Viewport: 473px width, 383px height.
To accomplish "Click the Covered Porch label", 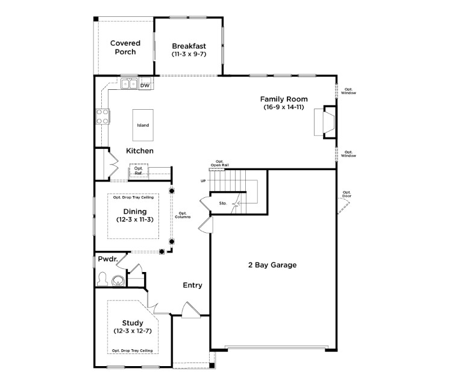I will pyautogui.click(x=125, y=48).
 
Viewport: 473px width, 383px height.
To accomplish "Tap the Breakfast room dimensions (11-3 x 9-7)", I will pyautogui.click(x=189, y=54).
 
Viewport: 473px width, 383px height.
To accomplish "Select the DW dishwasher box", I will pyautogui.click(x=145, y=86).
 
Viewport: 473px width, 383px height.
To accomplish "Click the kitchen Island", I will pyautogui.click(x=143, y=125).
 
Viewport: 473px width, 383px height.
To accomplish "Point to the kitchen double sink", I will pyautogui.click(x=129, y=84).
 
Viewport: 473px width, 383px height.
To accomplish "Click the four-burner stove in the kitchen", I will pyautogui.click(x=102, y=116).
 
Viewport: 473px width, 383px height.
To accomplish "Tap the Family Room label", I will pyautogui.click(x=284, y=99).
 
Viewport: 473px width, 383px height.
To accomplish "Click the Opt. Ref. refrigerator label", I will pyautogui.click(x=138, y=171).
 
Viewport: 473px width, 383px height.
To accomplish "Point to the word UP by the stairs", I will pyautogui.click(x=203, y=181).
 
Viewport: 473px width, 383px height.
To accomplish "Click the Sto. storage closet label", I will pyautogui.click(x=222, y=204).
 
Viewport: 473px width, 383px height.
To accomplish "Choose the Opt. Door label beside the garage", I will pyautogui.click(x=346, y=194).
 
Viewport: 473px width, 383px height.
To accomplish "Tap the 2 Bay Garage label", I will pyautogui.click(x=272, y=265).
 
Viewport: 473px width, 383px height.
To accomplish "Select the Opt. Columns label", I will pyautogui.click(x=183, y=215).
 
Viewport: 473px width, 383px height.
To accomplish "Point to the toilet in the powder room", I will pyautogui.click(x=103, y=279).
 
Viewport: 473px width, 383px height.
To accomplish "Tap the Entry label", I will pyautogui.click(x=193, y=285).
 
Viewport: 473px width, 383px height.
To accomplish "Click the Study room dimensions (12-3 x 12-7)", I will pyautogui.click(x=133, y=331).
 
